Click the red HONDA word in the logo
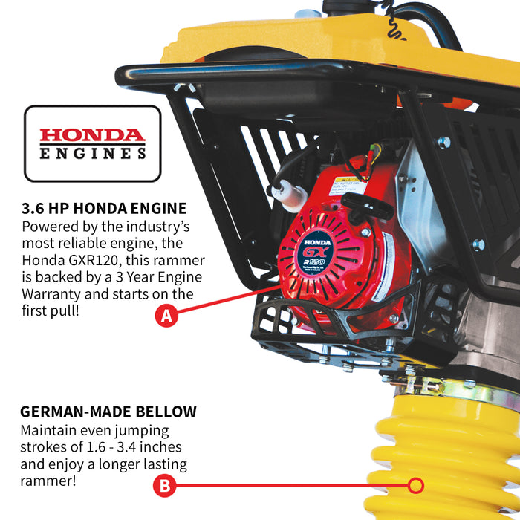click(92, 135)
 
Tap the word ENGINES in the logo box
click(93, 154)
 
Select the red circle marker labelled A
click(166, 316)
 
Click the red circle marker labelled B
click(164, 486)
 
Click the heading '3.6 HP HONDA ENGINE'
click(104, 209)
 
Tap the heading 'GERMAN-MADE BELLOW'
click(108, 412)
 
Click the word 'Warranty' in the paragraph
click(51, 295)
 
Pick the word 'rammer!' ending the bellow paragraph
click(48, 481)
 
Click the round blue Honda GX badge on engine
click(316, 252)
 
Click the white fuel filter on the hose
click(290, 197)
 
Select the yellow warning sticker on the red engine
click(347, 187)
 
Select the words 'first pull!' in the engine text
click(50, 311)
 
